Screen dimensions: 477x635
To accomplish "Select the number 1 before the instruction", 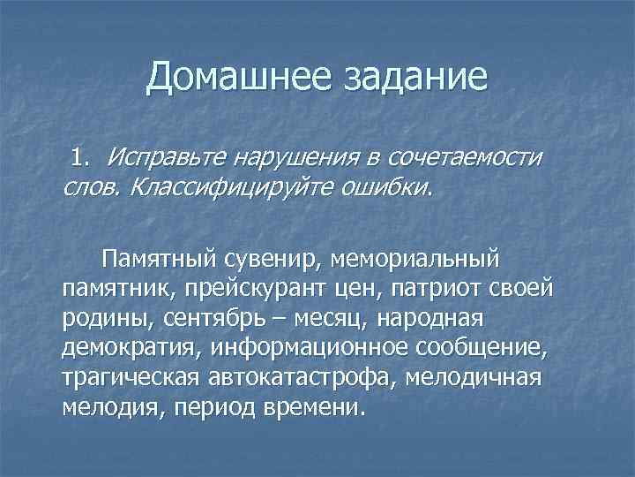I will pos(79,157).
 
